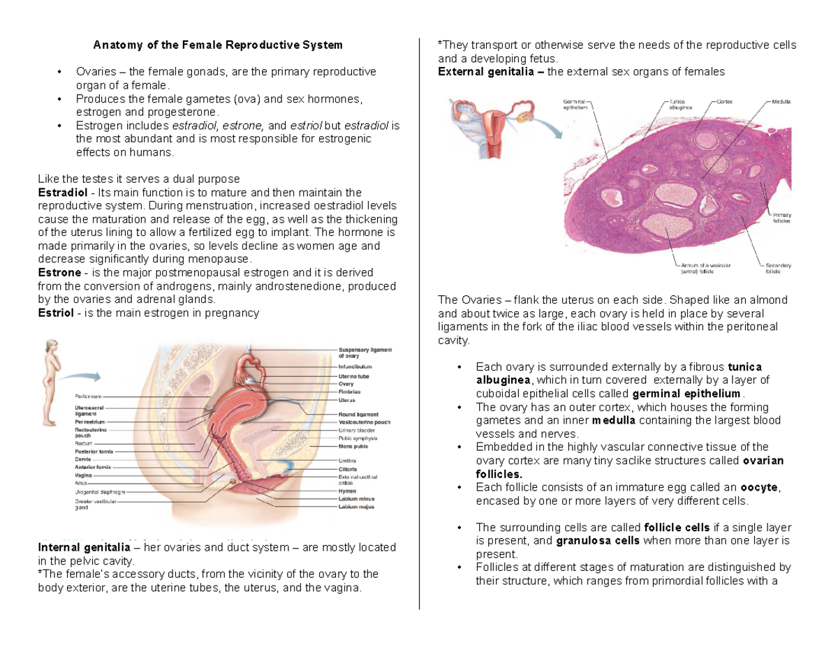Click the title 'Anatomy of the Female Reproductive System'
219,45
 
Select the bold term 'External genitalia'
489,71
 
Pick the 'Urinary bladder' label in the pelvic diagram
357,431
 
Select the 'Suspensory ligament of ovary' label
365,352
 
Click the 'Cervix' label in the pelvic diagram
82,459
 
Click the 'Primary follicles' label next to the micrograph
782,217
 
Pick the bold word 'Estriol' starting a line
55,313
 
